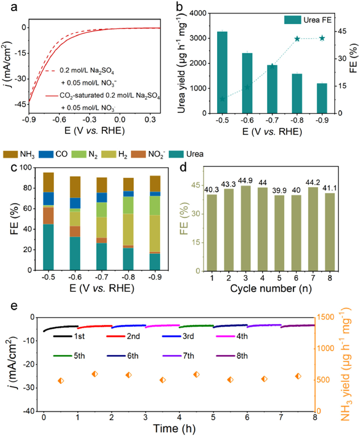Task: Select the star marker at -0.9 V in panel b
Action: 322,38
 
